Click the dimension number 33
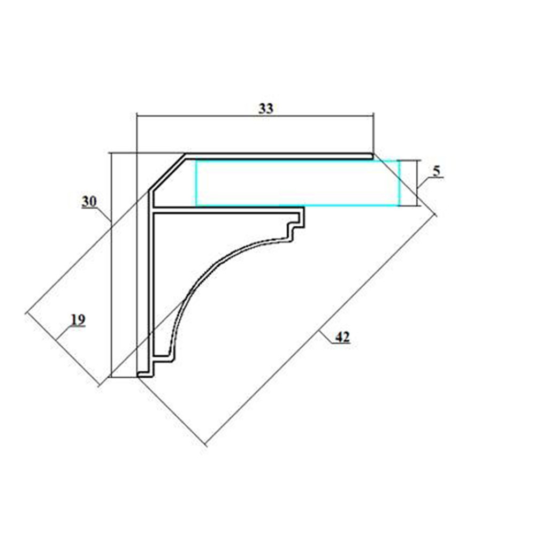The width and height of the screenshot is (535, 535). coord(266,109)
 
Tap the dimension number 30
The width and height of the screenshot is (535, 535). coord(89,201)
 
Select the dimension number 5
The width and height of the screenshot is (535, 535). coord(437,171)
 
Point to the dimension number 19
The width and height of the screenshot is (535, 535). coord(78,320)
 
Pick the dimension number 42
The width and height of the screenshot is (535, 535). coord(342,337)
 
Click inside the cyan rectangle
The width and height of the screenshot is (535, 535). coord(297,183)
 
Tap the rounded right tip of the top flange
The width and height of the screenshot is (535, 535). coord(372,156)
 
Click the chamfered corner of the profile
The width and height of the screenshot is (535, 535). coord(167,172)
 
